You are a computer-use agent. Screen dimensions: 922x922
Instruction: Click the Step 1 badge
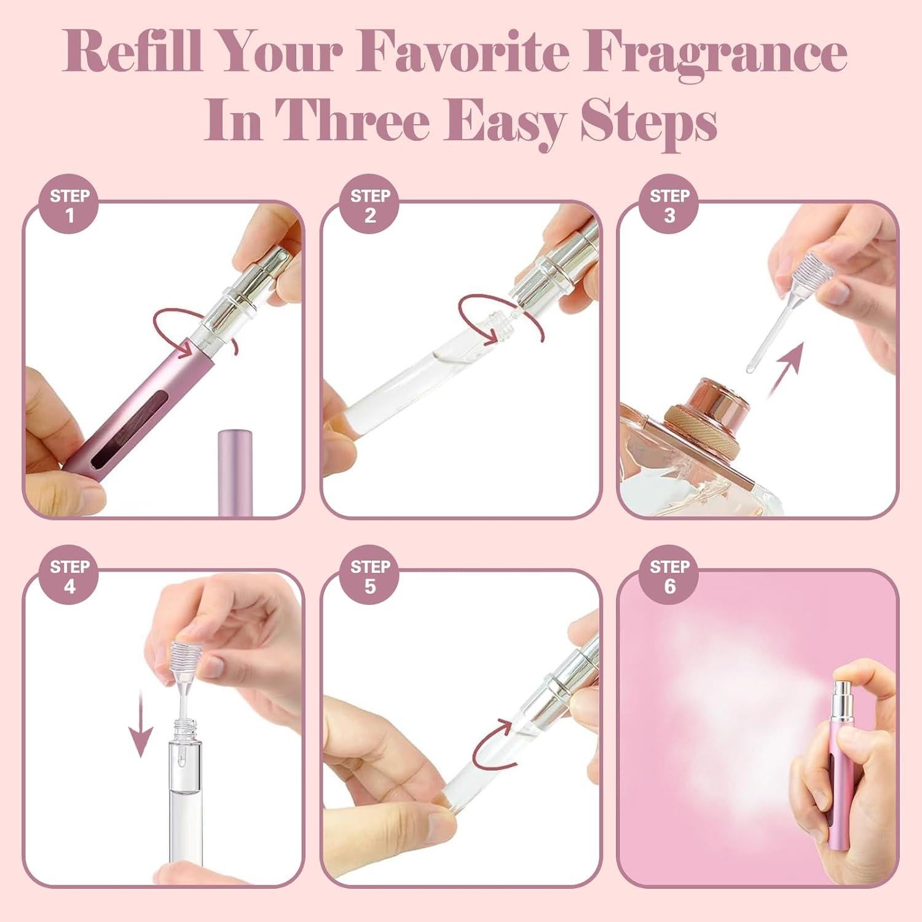coord(70,205)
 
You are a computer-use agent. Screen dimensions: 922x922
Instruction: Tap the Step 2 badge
coord(370,205)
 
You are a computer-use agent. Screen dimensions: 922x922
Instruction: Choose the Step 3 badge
coord(669,205)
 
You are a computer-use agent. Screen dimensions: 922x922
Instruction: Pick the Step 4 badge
coord(70,576)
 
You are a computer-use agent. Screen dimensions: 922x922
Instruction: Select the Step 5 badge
coord(370,576)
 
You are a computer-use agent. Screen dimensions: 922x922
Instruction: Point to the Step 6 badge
coord(669,576)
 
